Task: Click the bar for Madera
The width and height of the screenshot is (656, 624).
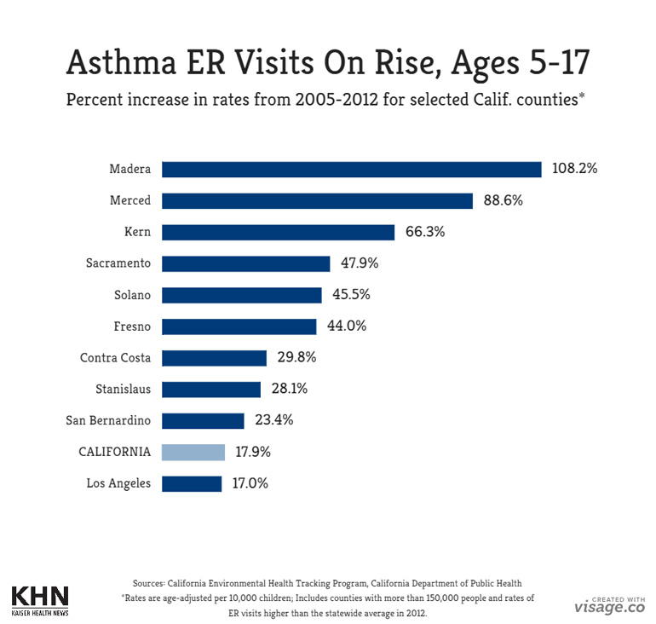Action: click(351, 169)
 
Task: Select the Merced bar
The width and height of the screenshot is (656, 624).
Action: click(317, 200)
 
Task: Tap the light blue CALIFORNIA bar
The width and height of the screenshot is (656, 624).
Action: click(193, 452)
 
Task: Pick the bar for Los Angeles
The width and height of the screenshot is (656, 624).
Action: click(192, 483)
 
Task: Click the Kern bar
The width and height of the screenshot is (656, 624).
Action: click(278, 232)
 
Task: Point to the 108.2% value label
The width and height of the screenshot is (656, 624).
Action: click(574, 169)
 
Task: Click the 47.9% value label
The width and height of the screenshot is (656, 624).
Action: click(360, 263)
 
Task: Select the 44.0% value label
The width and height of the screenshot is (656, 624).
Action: click(346, 326)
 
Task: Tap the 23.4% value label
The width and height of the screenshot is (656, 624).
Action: click(273, 420)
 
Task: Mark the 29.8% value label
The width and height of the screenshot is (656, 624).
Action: click(296, 358)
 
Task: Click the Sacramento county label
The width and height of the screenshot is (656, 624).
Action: click(118, 263)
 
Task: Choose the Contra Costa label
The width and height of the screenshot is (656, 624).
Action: click(110, 358)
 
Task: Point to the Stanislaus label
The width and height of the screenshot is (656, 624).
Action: click(123, 390)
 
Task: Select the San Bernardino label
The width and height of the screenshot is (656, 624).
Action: click(108, 420)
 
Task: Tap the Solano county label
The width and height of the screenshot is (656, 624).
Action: click(132, 295)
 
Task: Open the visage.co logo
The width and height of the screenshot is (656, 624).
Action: click(608, 605)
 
